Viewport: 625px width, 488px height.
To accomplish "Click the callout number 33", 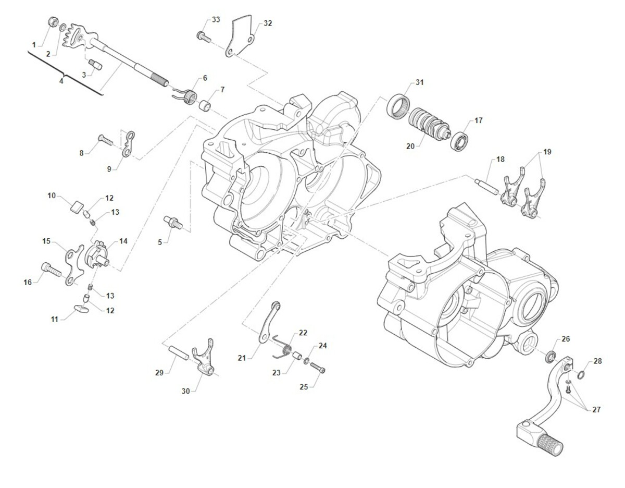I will (216, 19).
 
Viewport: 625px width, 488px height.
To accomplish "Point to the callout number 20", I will (410, 147).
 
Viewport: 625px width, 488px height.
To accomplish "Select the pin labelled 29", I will (178, 353).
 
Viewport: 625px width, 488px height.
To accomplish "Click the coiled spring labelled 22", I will (283, 346).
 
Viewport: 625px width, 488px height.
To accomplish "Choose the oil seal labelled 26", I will (549, 358).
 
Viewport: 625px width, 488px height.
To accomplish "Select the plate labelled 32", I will (241, 35).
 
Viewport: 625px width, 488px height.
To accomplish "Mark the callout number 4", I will (61, 81).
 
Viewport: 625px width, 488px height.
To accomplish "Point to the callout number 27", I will (596, 409).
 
